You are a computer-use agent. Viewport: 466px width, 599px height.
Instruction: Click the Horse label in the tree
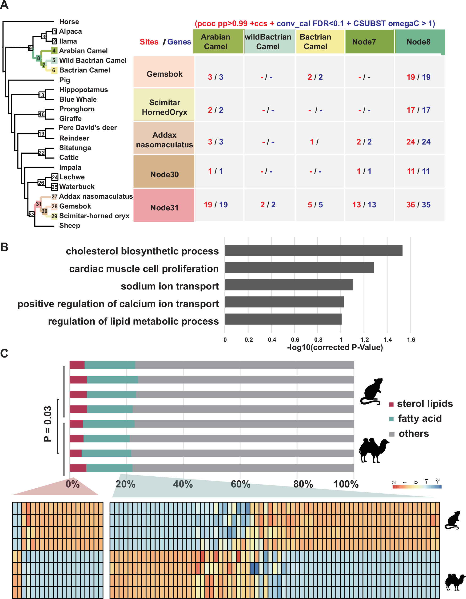pyautogui.click(x=69, y=22)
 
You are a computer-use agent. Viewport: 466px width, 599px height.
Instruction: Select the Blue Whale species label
pyautogui.click(x=78, y=99)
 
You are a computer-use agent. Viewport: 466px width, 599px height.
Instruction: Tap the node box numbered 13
pyautogui.click(x=41, y=95)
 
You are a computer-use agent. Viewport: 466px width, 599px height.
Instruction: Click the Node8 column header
pyautogui.click(x=418, y=42)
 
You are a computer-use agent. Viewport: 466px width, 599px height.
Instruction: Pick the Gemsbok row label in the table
pyautogui.click(x=164, y=74)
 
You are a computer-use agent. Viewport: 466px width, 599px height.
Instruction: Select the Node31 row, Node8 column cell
pyautogui.click(x=418, y=205)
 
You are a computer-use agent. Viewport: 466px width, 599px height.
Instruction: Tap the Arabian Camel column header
pyautogui.click(x=215, y=42)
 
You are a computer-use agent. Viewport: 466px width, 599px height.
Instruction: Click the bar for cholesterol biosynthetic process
pyautogui.click(x=314, y=250)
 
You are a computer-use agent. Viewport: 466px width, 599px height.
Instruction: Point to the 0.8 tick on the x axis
pyautogui.click(x=318, y=340)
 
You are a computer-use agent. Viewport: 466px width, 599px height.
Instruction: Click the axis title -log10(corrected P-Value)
pyautogui.click(x=335, y=347)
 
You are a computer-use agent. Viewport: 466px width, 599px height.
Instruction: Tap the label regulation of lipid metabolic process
pyautogui.click(x=133, y=321)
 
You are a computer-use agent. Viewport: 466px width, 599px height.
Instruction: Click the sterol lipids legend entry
pyautogui.click(x=421, y=404)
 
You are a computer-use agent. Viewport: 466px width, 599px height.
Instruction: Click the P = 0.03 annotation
pyautogui.click(x=48, y=424)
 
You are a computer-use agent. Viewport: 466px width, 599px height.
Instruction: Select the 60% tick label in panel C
pyautogui.click(x=240, y=484)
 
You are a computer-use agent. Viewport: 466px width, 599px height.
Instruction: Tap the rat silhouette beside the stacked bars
pyautogui.click(x=372, y=391)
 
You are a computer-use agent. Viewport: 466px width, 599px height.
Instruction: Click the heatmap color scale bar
pyautogui.click(x=417, y=487)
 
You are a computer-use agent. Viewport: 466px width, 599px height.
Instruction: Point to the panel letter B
pyautogui.click(x=4, y=247)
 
